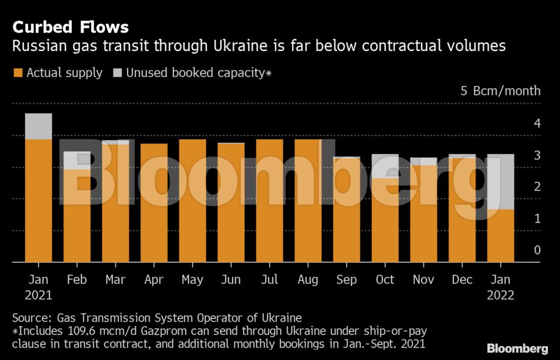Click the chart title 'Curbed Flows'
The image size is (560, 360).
[70, 27]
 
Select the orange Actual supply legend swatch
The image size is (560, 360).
[18, 73]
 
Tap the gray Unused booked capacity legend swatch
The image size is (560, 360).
[117, 73]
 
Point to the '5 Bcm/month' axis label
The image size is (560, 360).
[500, 91]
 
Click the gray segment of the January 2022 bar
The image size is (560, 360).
[501, 181]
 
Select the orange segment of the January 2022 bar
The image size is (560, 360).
[501, 235]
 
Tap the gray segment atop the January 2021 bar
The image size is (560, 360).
[38, 126]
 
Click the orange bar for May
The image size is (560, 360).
[192, 200]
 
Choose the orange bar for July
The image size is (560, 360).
[269, 200]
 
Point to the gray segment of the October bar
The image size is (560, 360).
[385, 166]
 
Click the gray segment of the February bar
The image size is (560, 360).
[77, 160]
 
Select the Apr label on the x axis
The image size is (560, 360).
[154, 280]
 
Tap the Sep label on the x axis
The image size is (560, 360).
[347, 280]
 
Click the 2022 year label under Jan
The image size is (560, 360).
[501, 295]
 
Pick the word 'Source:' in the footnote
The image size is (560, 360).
[32, 317]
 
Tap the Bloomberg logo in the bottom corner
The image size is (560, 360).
[517, 348]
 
